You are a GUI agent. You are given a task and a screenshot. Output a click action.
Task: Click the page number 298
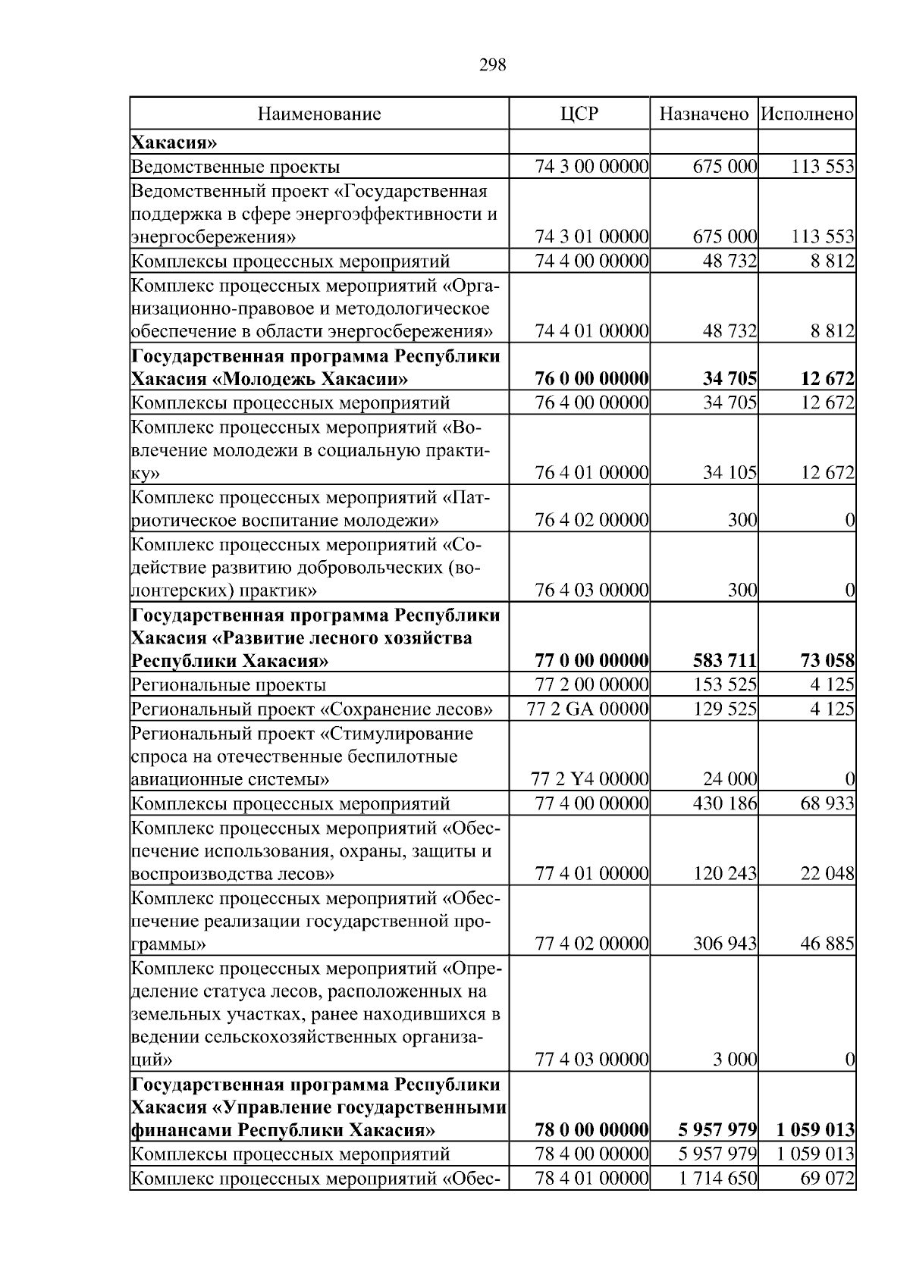493,65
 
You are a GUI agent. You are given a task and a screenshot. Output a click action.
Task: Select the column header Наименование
319,114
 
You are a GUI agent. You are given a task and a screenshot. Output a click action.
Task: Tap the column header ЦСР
579,114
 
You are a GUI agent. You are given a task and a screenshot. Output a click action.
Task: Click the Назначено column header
704,114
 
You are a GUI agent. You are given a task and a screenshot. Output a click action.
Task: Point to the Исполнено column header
808,114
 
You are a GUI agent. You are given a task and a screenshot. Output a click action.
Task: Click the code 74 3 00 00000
591,167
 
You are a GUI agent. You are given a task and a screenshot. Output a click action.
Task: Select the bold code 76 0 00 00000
591,378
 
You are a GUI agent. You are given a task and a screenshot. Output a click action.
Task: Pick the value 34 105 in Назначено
730,473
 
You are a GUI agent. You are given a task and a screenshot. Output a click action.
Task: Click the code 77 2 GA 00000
588,709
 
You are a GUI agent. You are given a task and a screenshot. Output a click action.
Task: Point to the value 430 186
725,803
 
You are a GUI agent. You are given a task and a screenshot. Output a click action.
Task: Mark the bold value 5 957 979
717,1130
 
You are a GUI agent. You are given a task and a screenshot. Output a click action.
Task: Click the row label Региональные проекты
229,685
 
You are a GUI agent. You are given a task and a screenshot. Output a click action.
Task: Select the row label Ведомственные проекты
236,167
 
